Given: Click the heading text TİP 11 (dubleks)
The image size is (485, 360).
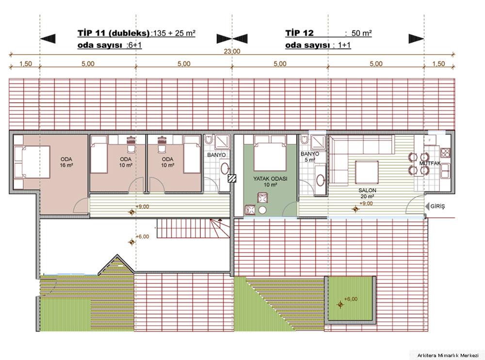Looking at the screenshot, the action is click(113, 33).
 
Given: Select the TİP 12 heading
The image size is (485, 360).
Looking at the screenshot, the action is click(299, 33).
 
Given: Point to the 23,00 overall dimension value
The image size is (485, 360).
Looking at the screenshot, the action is click(232, 51).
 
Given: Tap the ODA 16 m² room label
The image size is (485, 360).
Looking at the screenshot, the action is click(66, 162).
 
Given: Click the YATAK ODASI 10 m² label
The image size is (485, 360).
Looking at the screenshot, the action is click(270, 182).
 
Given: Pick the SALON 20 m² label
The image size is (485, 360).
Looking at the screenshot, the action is click(367, 193).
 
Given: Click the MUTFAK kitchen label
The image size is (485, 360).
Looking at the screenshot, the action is click(430, 163).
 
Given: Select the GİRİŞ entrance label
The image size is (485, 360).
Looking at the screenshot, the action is click(437, 206).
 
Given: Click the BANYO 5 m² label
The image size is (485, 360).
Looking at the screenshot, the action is click(309, 157).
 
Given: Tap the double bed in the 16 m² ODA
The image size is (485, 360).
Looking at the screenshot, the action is click(32, 162).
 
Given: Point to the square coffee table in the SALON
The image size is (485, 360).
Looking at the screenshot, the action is click(367, 172).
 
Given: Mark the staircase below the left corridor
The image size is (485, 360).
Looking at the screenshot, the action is click(194, 228).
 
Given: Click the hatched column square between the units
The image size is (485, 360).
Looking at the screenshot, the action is click(232, 178).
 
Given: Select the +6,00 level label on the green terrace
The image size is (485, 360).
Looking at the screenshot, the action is click(351, 299).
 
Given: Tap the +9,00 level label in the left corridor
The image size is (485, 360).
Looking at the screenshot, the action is click(142, 206).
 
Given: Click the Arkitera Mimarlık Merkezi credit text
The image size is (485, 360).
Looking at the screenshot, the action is click(448, 355).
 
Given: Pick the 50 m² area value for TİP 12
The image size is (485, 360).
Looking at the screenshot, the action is click(361, 33).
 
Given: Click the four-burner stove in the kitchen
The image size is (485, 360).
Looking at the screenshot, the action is click(445, 153).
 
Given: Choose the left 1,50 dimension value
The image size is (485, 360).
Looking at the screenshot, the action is click(25, 63).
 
